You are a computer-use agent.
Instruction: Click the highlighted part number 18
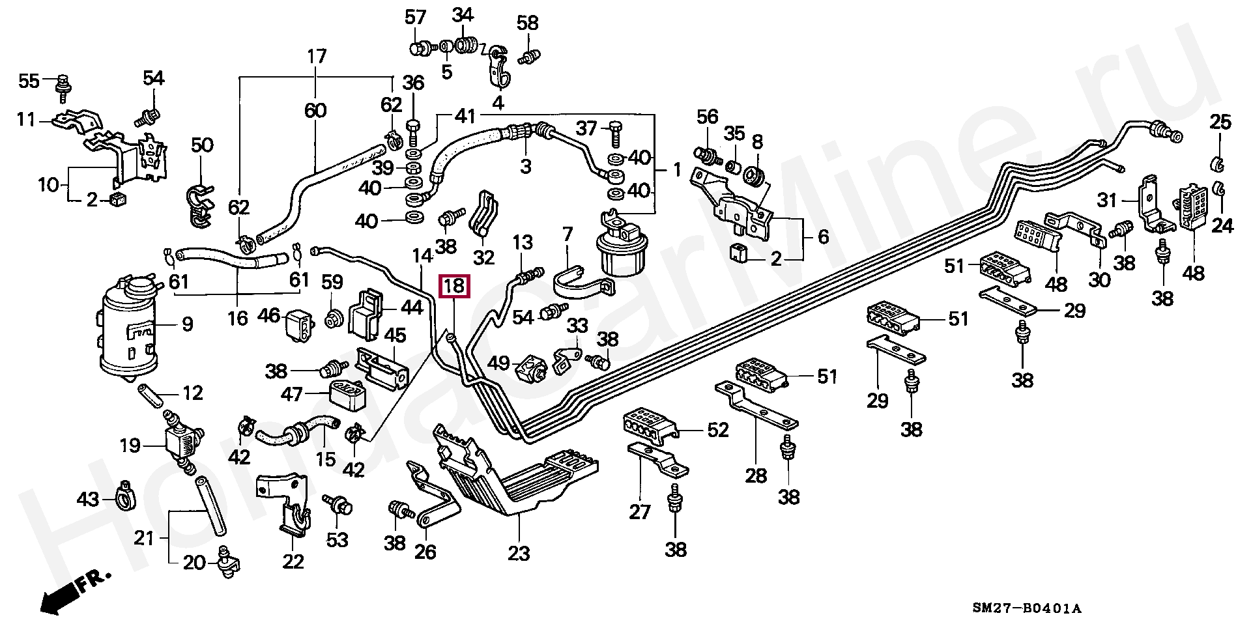pyautogui.click(x=454, y=285)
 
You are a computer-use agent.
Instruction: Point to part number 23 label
pyautogui.click(x=519, y=554)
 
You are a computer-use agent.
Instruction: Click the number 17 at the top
pyautogui.click(x=316, y=57)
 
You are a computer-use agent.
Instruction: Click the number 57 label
pyautogui.click(x=415, y=18)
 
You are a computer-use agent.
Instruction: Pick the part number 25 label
pyautogui.click(x=1220, y=122)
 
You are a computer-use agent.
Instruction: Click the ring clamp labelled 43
pyautogui.click(x=124, y=498)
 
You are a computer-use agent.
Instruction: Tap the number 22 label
pyautogui.click(x=293, y=561)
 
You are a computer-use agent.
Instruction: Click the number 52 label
pyautogui.click(x=717, y=431)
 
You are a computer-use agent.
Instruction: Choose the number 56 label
pyautogui.click(x=707, y=117)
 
